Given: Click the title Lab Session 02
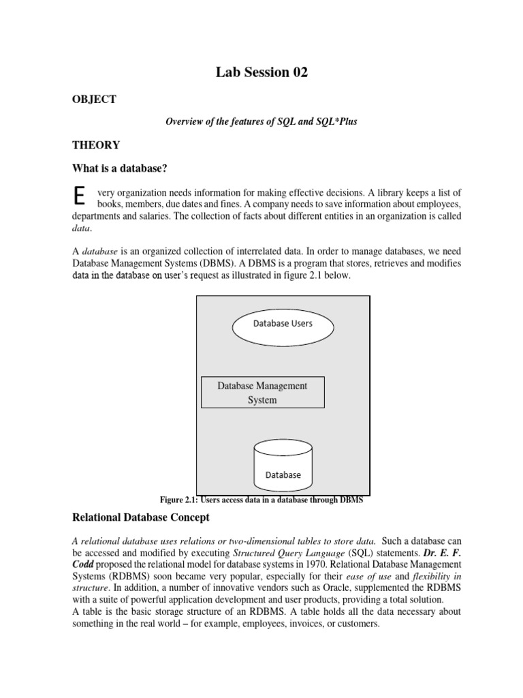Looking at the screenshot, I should (x=262, y=73).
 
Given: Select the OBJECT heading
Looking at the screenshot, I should (x=95, y=100).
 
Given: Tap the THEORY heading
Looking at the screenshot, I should (x=96, y=145).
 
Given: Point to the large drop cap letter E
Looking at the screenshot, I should (x=79, y=196).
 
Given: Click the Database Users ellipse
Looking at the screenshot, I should (x=283, y=324).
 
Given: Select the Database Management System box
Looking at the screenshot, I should (x=262, y=393).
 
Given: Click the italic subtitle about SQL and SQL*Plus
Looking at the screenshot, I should (x=261, y=121).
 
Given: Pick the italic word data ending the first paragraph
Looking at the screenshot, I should (x=80, y=228).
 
